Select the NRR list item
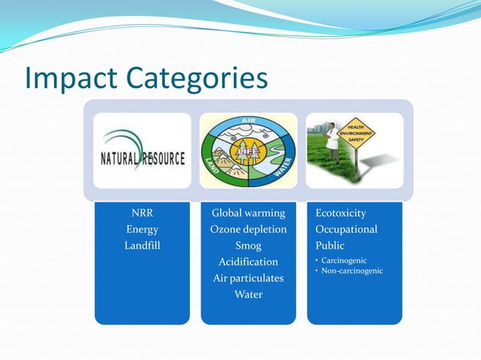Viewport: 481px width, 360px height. (142, 213)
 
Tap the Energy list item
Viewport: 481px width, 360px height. (142, 229)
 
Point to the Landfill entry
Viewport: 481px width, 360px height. (142, 246)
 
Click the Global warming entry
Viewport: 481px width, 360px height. (248, 213)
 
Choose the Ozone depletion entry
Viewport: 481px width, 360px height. (248, 229)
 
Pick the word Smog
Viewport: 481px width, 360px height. (248, 246)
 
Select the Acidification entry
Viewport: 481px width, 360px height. (248, 262)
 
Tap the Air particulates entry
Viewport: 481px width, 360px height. (248, 278)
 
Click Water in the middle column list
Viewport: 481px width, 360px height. (248, 294)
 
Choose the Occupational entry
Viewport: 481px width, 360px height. (346, 229)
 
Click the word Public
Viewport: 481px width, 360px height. (329, 246)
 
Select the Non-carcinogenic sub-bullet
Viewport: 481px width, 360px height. (351, 270)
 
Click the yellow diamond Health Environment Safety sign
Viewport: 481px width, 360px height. (360, 136)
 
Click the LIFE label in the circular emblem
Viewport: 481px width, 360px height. (249, 153)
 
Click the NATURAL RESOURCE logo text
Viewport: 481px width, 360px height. (142, 159)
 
